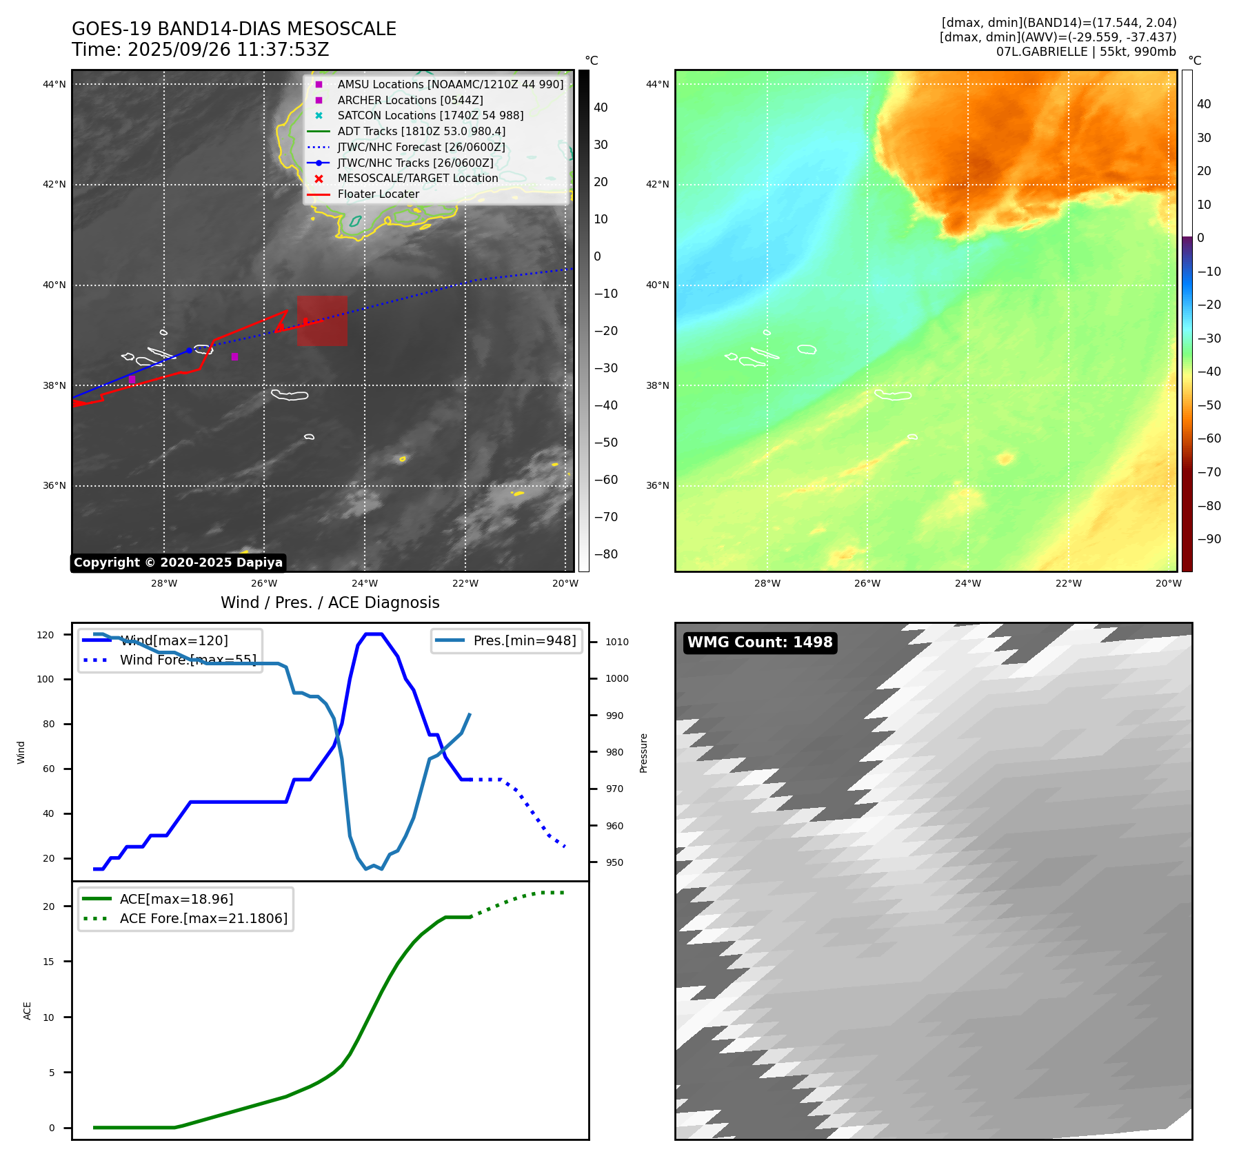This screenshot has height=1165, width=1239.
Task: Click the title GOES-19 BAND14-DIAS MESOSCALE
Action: point(234,29)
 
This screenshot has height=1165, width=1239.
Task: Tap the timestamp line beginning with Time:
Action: point(200,50)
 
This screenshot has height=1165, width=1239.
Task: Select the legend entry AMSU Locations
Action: point(450,84)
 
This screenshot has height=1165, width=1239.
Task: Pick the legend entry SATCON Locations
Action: point(430,115)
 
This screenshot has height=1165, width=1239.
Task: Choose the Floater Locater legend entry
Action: point(378,194)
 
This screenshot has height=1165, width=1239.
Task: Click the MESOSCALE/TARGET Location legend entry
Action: point(417,178)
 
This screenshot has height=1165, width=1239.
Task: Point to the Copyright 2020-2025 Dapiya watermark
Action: point(178,563)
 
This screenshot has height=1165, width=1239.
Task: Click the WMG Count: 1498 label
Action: point(760,642)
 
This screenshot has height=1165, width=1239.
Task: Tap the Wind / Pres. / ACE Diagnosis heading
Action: point(330,602)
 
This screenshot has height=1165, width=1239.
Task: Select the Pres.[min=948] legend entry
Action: point(524,640)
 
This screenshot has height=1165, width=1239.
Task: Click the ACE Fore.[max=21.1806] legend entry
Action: point(203,918)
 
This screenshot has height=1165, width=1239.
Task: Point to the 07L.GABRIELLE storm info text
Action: point(1085,52)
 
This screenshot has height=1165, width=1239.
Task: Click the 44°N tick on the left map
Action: point(54,85)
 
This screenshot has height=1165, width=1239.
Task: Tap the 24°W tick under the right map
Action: point(967,583)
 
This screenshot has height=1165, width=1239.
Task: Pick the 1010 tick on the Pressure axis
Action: point(617,642)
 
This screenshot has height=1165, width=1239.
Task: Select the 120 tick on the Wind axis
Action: point(46,635)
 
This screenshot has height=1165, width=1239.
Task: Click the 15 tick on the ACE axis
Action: point(48,962)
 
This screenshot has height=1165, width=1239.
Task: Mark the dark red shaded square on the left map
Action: point(322,321)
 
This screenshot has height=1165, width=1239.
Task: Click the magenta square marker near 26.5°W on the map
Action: point(234,356)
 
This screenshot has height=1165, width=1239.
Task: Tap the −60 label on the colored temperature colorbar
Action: point(1209,438)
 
